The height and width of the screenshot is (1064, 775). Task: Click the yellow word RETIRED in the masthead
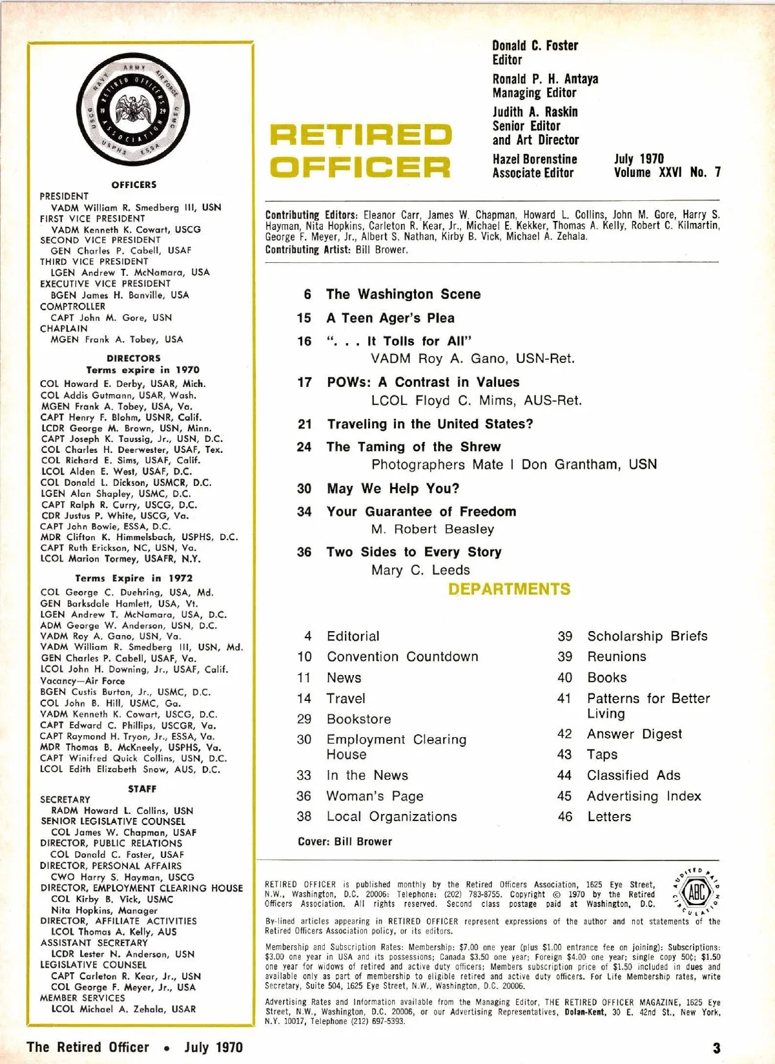click(x=360, y=135)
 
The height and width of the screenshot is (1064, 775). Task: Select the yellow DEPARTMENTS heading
click(x=509, y=589)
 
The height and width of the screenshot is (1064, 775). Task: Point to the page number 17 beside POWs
click(x=304, y=382)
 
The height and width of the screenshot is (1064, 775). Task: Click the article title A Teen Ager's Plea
click(x=390, y=318)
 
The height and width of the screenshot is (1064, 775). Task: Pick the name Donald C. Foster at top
click(x=535, y=46)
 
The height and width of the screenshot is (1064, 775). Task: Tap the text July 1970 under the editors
click(x=638, y=159)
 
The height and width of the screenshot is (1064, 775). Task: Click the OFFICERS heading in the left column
click(x=134, y=185)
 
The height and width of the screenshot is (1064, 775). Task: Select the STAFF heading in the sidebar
click(x=142, y=789)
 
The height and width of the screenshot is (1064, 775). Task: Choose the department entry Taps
click(x=602, y=755)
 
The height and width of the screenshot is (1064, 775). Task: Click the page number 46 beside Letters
click(x=565, y=817)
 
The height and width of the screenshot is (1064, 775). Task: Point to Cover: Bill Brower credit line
click(x=345, y=842)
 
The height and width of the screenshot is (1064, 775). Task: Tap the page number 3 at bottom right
click(x=716, y=1047)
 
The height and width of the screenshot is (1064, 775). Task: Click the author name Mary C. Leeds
click(x=420, y=570)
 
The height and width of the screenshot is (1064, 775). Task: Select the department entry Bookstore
click(x=358, y=719)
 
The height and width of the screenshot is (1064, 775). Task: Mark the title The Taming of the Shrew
click(x=413, y=447)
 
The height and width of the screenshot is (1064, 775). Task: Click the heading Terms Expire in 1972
click(x=134, y=578)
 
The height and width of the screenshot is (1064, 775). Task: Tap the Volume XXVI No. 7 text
click(x=667, y=172)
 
